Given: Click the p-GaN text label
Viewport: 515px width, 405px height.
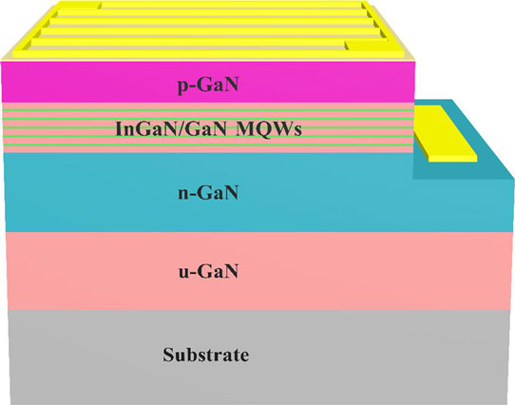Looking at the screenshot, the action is [x=208, y=86].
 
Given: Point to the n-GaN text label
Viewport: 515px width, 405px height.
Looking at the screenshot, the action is [x=208, y=193].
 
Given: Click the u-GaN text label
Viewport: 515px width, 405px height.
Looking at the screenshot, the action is [x=208, y=272].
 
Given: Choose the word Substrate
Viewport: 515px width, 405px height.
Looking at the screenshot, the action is [x=206, y=355].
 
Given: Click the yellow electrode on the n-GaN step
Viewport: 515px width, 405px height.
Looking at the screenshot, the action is [x=445, y=133].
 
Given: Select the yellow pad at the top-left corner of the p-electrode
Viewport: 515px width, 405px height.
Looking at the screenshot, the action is [x=80, y=4].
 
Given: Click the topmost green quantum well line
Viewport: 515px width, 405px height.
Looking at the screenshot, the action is [x=208, y=110].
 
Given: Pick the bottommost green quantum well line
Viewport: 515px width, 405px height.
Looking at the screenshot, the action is [x=208, y=145].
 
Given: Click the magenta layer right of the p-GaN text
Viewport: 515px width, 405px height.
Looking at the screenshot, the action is [x=325, y=82].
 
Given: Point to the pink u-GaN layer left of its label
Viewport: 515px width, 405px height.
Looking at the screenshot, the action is [x=92, y=271].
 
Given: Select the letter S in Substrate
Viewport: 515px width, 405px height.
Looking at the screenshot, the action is [x=168, y=355].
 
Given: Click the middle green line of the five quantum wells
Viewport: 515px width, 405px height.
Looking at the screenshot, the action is [x=208, y=127].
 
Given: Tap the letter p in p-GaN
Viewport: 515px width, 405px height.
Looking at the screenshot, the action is [x=182, y=87].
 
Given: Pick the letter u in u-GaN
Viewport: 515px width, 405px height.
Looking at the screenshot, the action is [x=183, y=274].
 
